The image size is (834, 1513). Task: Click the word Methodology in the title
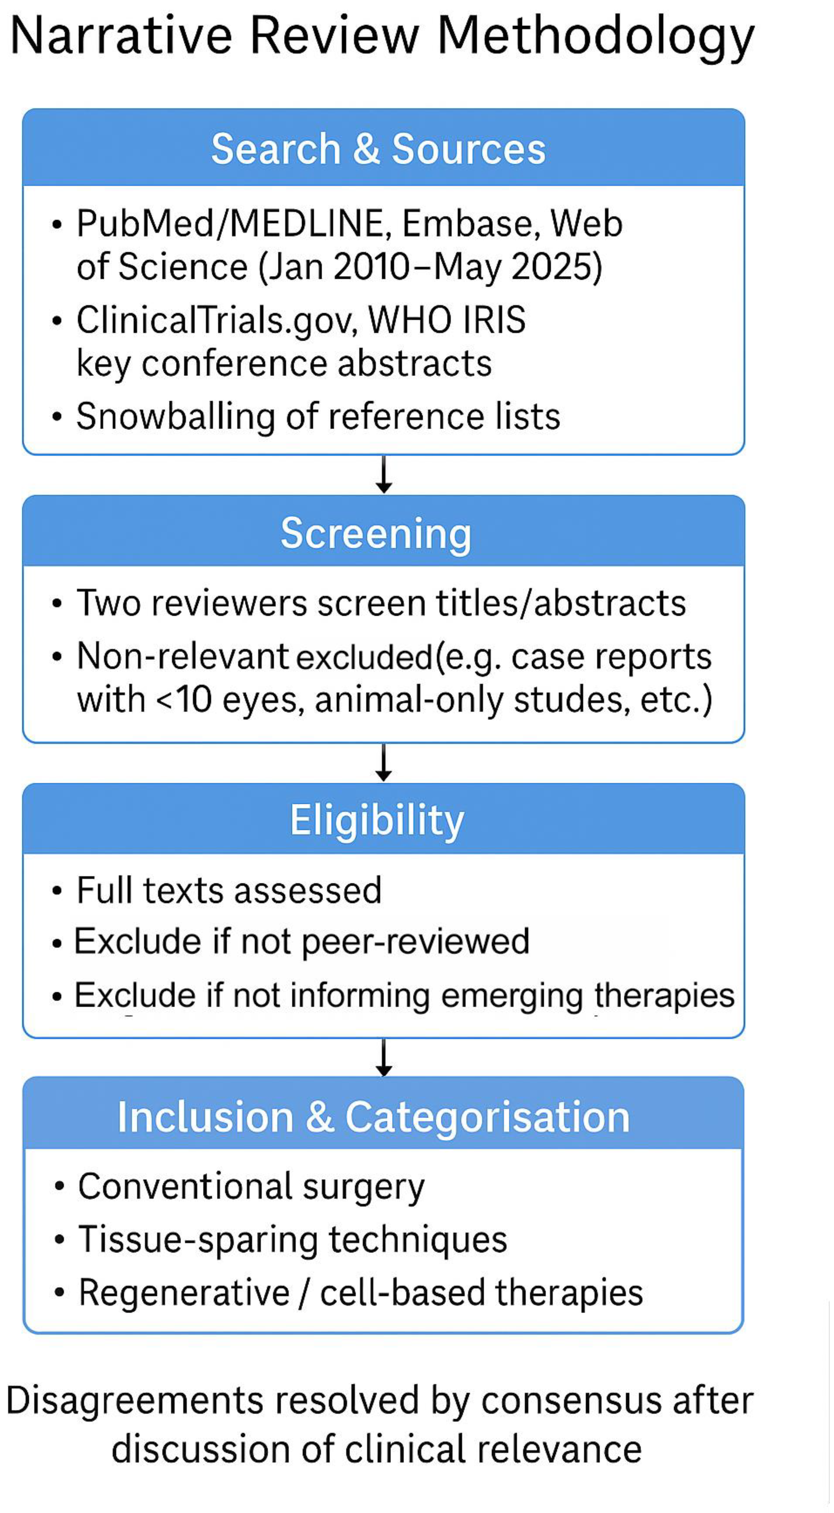click(x=595, y=36)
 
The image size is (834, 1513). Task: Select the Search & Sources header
click(x=378, y=148)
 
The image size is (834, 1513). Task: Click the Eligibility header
click(x=377, y=820)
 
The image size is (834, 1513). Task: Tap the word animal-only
click(x=409, y=700)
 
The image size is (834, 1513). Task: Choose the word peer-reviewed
click(x=415, y=941)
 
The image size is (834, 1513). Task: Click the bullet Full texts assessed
click(x=229, y=890)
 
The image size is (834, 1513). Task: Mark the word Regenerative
click(x=184, y=1293)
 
